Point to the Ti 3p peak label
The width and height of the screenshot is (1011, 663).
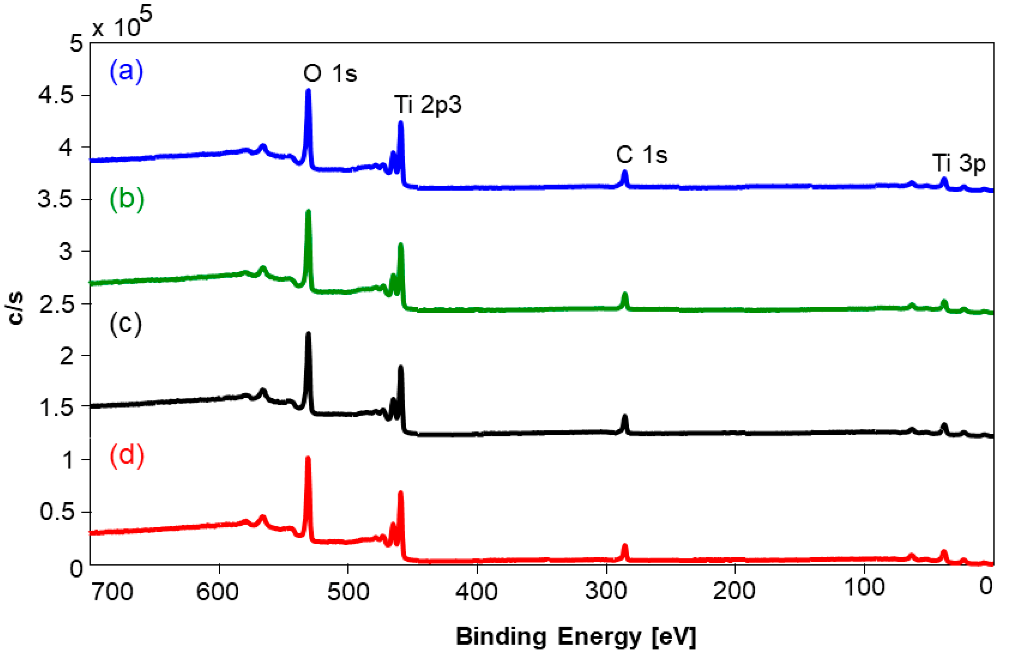(x=958, y=163)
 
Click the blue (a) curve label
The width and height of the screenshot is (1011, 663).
(x=126, y=71)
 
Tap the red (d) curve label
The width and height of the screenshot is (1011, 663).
(x=126, y=454)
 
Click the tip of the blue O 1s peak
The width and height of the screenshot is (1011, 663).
(x=308, y=90)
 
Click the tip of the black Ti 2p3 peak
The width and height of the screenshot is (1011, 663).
(x=400, y=367)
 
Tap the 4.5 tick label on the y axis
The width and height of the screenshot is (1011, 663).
(x=56, y=95)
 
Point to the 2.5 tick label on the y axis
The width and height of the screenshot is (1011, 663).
(x=56, y=304)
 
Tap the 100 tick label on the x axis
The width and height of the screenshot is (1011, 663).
(x=864, y=588)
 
